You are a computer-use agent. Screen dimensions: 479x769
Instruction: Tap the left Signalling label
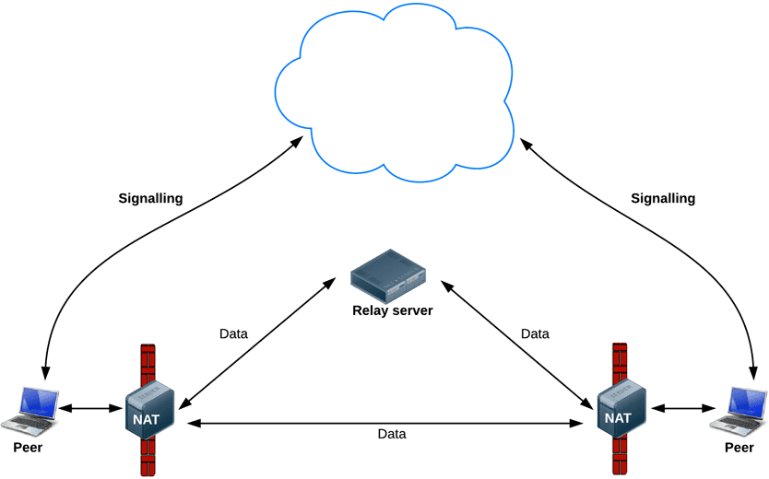[x=151, y=198]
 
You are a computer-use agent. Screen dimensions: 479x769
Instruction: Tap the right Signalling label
[x=663, y=198]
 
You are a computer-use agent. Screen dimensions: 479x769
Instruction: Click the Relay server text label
[x=392, y=310]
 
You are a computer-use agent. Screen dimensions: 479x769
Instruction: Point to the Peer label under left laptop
[x=28, y=448]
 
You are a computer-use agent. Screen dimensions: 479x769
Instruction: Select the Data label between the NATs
[x=392, y=433]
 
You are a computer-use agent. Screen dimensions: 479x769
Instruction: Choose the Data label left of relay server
[x=233, y=333]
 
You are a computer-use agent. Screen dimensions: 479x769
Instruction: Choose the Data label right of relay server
[x=535, y=333]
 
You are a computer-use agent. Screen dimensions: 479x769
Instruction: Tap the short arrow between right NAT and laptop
[x=682, y=406]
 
